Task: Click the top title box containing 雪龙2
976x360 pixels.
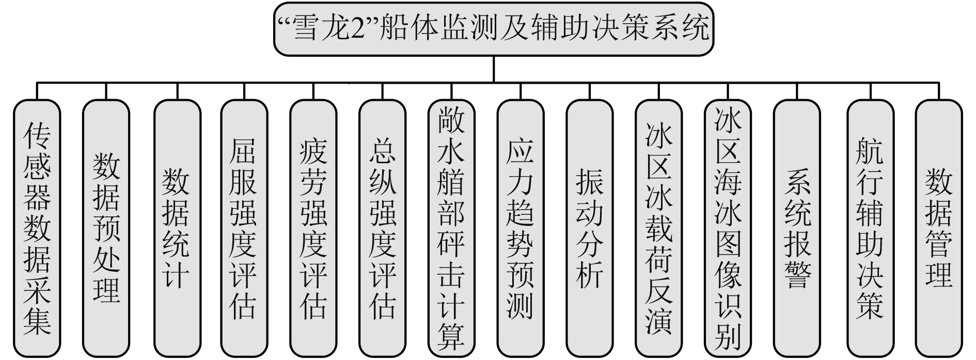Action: (x=493, y=28)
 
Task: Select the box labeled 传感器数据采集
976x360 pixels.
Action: (x=37, y=227)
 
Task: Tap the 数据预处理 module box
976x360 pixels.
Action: (x=106, y=227)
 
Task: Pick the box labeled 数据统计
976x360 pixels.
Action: (x=177, y=227)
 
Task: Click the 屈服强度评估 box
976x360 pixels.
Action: (x=244, y=227)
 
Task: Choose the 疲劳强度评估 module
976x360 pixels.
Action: (x=313, y=227)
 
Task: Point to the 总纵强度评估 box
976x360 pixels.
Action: (x=382, y=227)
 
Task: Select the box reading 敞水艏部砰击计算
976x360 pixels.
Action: (x=451, y=227)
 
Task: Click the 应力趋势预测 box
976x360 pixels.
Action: (x=520, y=227)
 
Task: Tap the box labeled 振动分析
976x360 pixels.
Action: (x=589, y=227)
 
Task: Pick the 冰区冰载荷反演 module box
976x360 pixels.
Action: (x=658, y=227)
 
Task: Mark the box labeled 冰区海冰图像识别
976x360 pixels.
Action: (x=728, y=227)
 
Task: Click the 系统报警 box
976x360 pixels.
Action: (x=797, y=227)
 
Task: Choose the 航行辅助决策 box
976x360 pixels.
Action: (x=870, y=227)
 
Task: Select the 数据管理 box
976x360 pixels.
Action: (x=938, y=227)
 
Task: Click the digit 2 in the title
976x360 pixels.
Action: (x=355, y=28)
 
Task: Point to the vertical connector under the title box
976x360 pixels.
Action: (x=494, y=69)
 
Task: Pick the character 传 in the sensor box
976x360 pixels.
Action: (x=37, y=135)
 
